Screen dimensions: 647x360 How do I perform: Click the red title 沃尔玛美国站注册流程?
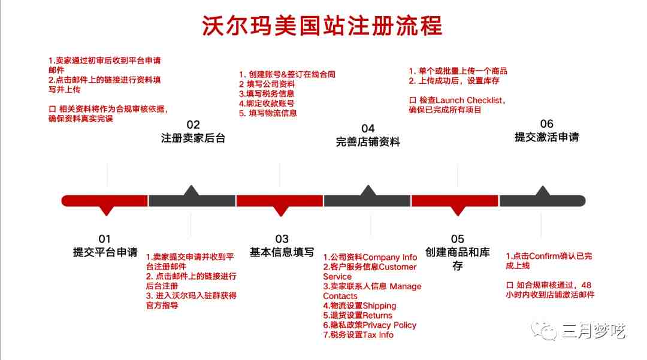[x=322, y=26]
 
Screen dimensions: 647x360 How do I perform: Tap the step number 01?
[x=104, y=239]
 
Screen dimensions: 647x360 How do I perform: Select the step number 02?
[x=193, y=125]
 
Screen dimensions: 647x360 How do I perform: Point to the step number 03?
[x=282, y=239]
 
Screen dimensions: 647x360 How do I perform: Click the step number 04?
[x=368, y=128]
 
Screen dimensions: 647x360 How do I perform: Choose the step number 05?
[x=457, y=239]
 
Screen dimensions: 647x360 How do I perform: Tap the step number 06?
[x=547, y=124]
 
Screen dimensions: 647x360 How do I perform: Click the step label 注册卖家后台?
[x=193, y=138]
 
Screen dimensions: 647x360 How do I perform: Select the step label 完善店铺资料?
[x=368, y=142]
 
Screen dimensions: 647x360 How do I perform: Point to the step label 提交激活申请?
[x=547, y=137]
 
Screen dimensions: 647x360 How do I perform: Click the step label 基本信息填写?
[x=282, y=252]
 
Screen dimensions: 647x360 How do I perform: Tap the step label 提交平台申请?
[x=105, y=252]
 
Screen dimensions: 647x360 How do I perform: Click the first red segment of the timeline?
[x=104, y=201]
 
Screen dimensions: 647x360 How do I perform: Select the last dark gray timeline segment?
[x=543, y=201]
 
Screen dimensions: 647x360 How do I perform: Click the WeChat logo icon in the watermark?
[x=544, y=331]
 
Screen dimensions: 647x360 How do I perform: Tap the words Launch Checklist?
[x=469, y=100]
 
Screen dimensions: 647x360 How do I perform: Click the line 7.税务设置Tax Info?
[x=358, y=335]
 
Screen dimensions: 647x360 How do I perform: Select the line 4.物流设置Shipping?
[x=359, y=306]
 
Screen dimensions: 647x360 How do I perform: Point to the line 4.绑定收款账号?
[x=267, y=104]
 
